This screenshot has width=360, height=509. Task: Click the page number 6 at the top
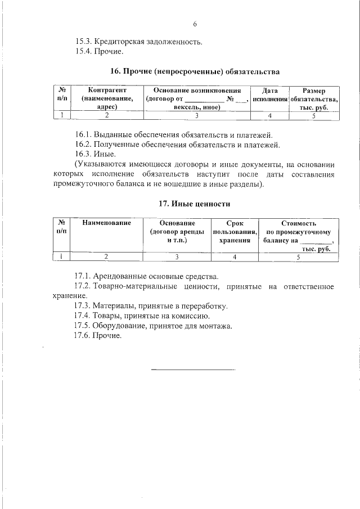click(195, 24)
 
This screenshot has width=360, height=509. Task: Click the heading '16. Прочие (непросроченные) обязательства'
click(194, 72)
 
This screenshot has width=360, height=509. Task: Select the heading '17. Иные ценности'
click(194, 203)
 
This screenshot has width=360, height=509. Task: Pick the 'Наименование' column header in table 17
click(106, 223)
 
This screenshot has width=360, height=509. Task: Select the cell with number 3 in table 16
click(197, 116)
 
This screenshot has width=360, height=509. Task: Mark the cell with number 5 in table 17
click(299, 257)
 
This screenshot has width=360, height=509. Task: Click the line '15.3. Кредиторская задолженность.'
click(139, 42)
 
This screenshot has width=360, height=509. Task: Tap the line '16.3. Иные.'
click(96, 154)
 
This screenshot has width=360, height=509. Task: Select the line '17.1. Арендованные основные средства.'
click(146, 277)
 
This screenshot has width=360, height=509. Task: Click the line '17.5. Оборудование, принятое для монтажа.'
click(153, 326)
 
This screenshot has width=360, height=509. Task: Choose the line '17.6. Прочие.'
click(98, 336)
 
